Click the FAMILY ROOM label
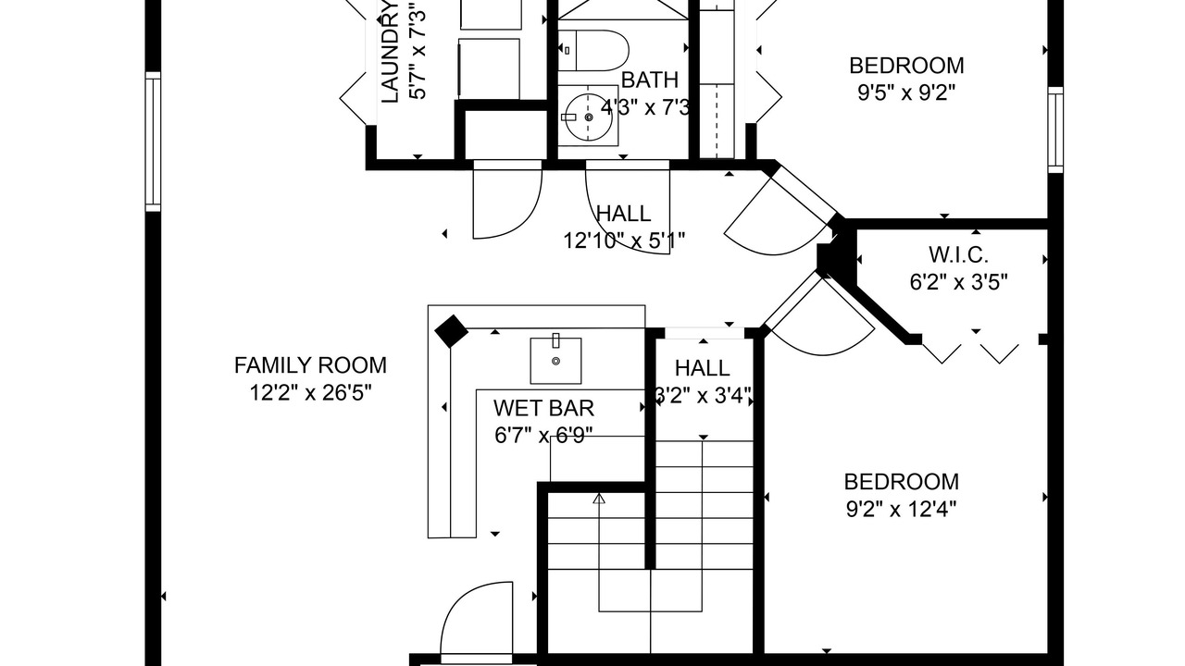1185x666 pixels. pos(310,365)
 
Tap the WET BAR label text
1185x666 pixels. pos(543,408)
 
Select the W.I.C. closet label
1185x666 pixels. pos(958,254)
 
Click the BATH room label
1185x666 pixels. pos(649,80)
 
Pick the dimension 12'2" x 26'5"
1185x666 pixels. pos(310,392)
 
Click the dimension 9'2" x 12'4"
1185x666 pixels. pos(901,508)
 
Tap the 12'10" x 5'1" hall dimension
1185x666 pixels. pos(624,240)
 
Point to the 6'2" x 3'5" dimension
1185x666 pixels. pos(958,281)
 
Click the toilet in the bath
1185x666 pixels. pos(592,51)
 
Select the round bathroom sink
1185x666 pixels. pos(588,117)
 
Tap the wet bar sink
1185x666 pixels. pos(555,360)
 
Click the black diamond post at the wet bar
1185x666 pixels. pos(451,331)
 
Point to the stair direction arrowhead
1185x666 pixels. pos(599,499)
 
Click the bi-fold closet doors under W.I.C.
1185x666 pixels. pos(971,352)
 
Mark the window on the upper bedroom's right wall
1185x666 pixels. pos(1055,129)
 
